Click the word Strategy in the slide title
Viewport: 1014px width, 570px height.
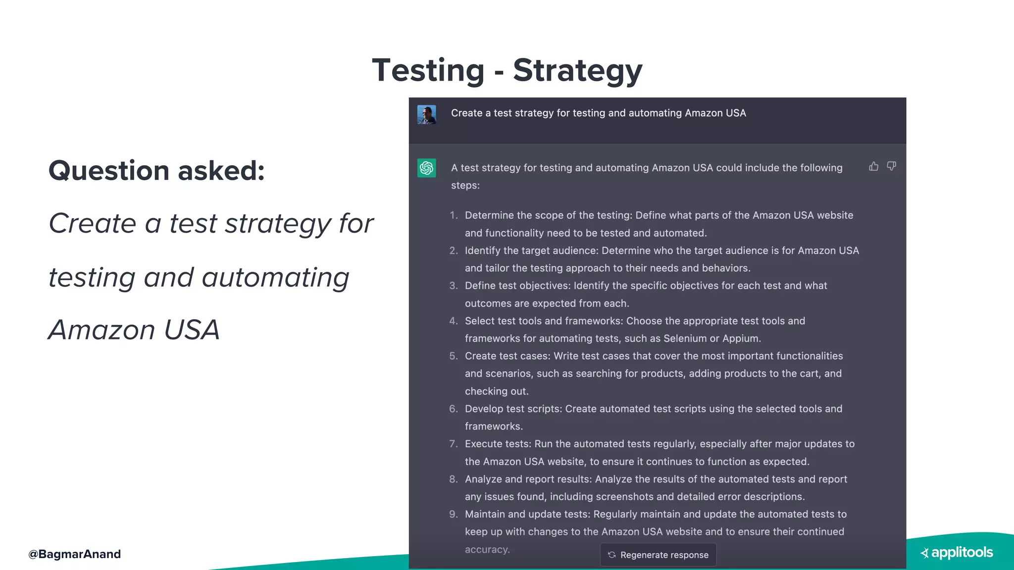pos(577,70)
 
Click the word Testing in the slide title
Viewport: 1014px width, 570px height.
pos(428,70)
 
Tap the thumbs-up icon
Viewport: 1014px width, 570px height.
pos(874,166)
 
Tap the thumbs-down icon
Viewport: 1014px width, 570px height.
pos(891,166)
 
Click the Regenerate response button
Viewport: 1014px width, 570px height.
pos(658,555)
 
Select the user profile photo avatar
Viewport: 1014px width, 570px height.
pos(426,114)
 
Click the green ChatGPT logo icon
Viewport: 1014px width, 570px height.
pos(426,168)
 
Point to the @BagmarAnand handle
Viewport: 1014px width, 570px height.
pos(74,554)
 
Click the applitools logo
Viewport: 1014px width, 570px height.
pos(957,553)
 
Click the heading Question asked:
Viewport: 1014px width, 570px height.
pos(156,171)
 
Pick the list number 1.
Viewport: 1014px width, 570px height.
pos(454,215)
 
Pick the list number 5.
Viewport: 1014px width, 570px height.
pos(454,356)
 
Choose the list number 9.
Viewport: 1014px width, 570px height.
pos(454,514)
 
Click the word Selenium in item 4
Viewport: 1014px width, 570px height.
pos(685,338)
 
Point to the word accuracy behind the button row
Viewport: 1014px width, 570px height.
pos(487,549)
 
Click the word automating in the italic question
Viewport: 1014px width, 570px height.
pos(275,277)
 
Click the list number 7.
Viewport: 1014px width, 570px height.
pos(454,444)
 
